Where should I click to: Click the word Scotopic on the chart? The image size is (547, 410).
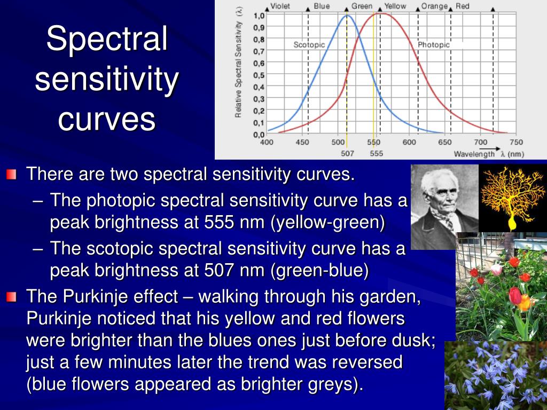(309, 45)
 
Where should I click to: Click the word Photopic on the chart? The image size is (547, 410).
(434, 45)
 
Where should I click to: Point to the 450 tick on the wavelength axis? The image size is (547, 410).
(302, 142)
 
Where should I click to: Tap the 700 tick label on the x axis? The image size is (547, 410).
(480, 142)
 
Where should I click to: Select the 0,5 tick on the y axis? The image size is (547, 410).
(259, 75)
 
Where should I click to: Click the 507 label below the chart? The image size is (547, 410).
(347, 153)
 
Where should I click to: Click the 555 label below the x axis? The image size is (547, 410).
(376, 153)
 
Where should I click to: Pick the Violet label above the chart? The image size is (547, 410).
(280, 6)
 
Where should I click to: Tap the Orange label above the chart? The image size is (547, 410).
(434, 6)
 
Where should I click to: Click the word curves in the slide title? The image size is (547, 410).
(107, 119)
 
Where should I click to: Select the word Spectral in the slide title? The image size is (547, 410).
(107, 38)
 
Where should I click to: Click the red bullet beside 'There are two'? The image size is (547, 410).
(11, 175)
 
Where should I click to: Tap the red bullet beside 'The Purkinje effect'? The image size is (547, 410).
(11, 297)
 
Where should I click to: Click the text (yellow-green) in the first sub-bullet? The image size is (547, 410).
(327, 223)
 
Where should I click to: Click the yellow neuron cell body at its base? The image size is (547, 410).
(512, 223)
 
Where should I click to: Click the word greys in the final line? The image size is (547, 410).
(333, 384)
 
